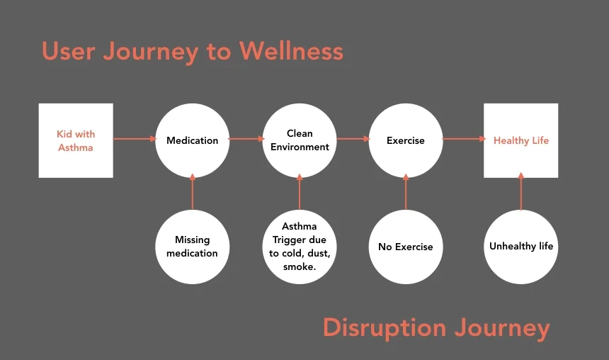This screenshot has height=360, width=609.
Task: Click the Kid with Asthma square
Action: [76, 140]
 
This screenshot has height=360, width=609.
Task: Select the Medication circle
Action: [192, 140]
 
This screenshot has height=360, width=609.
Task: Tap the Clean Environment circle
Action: [300, 140]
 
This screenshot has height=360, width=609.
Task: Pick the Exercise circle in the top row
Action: [406, 140]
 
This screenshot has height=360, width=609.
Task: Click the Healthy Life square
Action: [520, 140]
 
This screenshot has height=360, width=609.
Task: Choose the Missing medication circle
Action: [192, 247]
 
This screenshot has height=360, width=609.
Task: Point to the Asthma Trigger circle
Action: [300, 247]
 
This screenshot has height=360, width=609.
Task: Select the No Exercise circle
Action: [406, 247]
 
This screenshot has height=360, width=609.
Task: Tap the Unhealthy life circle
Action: [520, 247]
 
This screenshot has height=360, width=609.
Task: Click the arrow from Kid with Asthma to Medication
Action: [135, 139]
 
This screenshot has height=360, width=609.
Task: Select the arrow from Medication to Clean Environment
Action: [246, 139]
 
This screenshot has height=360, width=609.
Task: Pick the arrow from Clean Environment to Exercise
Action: [353, 139]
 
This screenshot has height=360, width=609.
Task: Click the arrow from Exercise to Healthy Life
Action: [463, 139]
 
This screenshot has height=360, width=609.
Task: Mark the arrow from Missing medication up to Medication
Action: [192, 193]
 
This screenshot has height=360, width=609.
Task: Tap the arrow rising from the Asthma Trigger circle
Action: [300, 193]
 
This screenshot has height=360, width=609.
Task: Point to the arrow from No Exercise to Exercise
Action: [406, 193]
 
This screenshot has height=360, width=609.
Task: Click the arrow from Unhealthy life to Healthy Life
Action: [521, 191]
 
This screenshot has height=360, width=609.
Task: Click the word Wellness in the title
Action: [290, 51]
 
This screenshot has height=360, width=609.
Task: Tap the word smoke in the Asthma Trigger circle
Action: [297, 267]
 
